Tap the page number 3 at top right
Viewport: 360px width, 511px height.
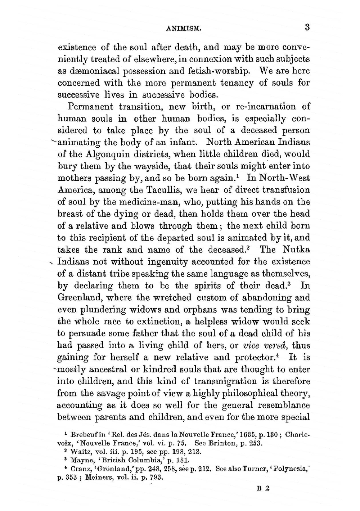click(307, 27)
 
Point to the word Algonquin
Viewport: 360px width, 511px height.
click(110, 154)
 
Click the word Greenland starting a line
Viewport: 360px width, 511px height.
click(78, 298)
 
